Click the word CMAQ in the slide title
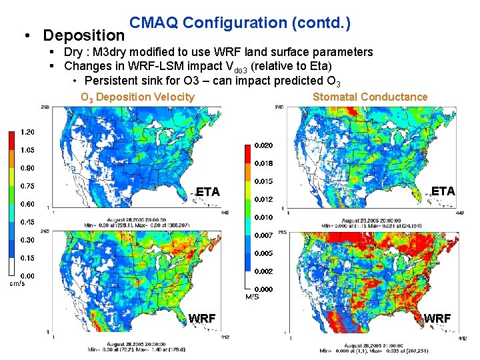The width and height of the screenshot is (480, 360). pos(153,23)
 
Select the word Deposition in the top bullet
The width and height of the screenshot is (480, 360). pos(83,34)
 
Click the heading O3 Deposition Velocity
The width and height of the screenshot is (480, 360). pos(137,97)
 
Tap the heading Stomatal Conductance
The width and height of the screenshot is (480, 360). pos(370,97)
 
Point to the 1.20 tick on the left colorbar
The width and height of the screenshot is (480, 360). pos(28,132)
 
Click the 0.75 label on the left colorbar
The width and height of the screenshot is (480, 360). pos(28,186)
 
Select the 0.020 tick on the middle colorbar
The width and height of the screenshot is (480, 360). pos(263,145)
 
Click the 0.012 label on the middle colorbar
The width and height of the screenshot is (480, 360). pos(263,199)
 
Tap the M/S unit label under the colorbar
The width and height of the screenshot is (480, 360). pos(252,297)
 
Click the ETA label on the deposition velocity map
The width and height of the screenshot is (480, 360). pos(207,192)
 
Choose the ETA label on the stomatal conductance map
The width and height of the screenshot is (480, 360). pos(443,191)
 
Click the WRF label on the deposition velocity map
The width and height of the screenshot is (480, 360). pos(202,319)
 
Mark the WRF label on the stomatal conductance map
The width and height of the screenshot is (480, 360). pos(437,318)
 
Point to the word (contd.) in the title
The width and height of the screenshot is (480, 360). pos(321,23)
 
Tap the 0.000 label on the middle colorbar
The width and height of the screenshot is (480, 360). pos(263,289)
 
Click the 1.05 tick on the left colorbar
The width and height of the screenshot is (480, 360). pos(28,150)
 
